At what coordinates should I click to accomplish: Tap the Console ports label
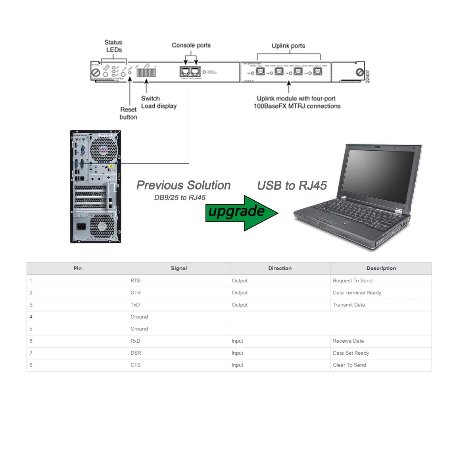tap(191, 45)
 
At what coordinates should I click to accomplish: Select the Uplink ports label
tap(288, 46)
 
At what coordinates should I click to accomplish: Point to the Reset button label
tap(128, 113)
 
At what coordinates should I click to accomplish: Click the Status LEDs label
tap(113, 46)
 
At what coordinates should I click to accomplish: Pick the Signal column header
tap(178, 268)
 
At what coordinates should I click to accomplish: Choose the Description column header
tap(381, 268)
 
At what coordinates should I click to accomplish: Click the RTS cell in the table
tap(135, 280)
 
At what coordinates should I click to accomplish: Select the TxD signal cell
tap(135, 305)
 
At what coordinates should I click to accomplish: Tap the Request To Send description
tap(353, 280)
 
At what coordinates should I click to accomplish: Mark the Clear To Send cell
tap(349, 365)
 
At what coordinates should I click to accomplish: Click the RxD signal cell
tap(135, 341)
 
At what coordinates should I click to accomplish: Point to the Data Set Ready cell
tap(351, 353)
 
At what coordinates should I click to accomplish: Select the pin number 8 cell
tap(31, 365)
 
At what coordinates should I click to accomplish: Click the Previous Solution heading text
tap(183, 185)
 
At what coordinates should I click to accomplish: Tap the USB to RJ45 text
tap(292, 186)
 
